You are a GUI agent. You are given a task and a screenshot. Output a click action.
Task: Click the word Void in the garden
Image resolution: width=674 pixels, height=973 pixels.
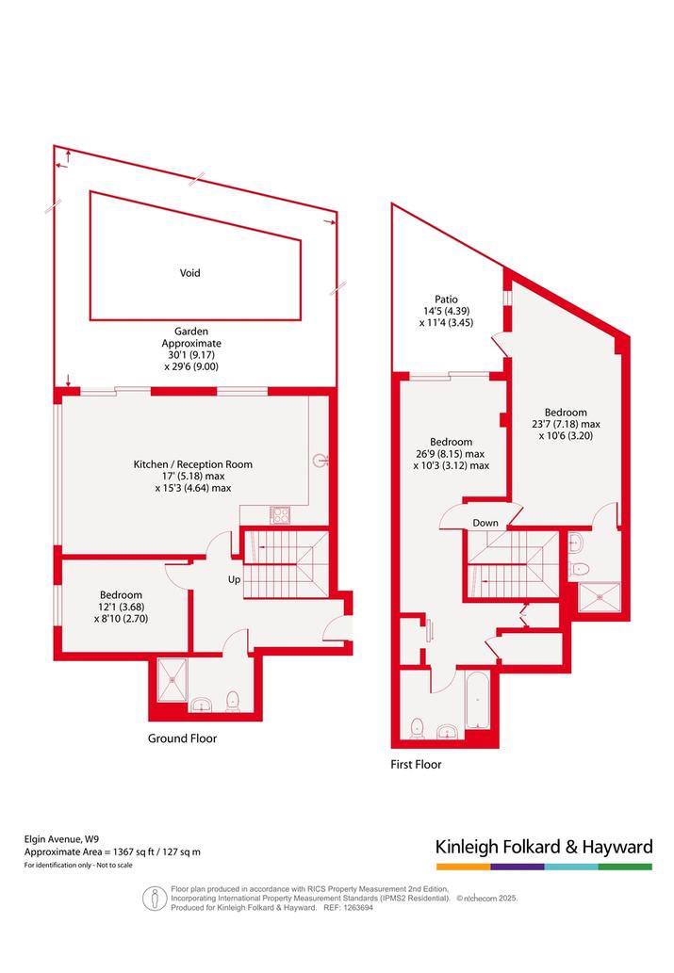(x=190, y=273)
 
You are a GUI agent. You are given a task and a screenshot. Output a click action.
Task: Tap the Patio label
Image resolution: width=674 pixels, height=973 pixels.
(x=446, y=300)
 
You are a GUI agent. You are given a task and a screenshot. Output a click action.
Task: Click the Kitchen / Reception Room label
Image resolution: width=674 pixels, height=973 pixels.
(x=193, y=464)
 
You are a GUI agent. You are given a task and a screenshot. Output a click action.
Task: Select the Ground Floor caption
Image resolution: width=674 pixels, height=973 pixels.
(x=182, y=738)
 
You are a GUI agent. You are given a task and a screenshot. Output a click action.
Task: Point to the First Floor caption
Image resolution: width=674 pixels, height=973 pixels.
(x=416, y=765)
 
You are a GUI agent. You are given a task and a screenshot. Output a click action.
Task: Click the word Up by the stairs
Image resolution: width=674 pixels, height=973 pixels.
(x=234, y=579)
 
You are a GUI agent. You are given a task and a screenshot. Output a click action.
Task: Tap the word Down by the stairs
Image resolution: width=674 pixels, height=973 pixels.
(x=485, y=523)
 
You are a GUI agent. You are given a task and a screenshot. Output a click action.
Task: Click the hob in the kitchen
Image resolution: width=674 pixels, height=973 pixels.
(x=280, y=515)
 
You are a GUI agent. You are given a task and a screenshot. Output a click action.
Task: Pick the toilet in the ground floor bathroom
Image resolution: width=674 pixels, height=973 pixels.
(x=233, y=702)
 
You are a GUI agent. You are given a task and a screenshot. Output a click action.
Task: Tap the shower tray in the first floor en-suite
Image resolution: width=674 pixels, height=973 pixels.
(x=600, y=597)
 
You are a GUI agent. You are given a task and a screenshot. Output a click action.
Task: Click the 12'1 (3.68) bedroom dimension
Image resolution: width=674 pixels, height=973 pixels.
(x=122, y=607)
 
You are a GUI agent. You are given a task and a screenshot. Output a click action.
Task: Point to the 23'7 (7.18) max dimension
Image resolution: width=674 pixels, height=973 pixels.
(x=566, y=425)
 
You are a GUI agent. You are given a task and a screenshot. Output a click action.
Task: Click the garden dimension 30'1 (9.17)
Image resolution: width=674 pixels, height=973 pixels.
(x=191, y=355)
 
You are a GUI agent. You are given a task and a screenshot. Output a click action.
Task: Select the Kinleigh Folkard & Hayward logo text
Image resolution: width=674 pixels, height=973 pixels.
(x=544, y=847)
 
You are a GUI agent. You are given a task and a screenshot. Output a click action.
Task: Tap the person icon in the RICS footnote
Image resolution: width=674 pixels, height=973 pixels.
(x=155, y=898)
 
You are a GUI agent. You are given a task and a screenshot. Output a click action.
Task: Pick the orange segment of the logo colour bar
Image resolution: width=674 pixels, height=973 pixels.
(x=463, y=867)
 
